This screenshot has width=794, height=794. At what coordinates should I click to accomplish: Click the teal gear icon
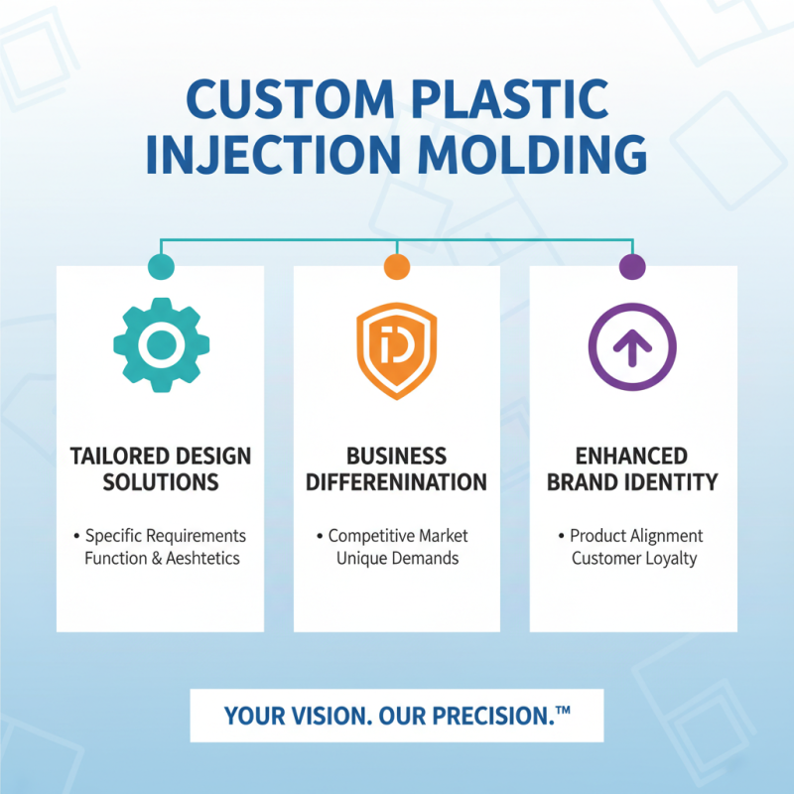pos(159,344)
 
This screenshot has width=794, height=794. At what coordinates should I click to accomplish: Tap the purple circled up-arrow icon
pos(632,348)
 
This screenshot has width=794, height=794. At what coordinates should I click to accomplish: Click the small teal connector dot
pos(160,266)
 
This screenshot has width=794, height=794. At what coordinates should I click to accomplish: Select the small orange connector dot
pos(396,266)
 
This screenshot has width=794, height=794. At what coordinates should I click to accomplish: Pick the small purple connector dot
pos(632,266)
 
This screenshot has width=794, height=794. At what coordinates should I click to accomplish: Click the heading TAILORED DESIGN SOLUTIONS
pos(160,469)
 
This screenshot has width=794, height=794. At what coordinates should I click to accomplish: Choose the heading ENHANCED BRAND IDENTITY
pos(632,469)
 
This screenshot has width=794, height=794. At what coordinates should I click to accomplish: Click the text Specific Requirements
pos(165,536)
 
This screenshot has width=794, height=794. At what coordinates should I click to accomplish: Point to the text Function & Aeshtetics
pos(162,558)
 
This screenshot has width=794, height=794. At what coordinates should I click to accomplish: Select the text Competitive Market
pos(398,536)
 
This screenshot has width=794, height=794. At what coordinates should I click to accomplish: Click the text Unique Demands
pos(397,558)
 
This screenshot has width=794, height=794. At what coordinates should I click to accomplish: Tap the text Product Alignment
pos(636,536)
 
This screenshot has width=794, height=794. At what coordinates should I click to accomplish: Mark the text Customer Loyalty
pos(633,558)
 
